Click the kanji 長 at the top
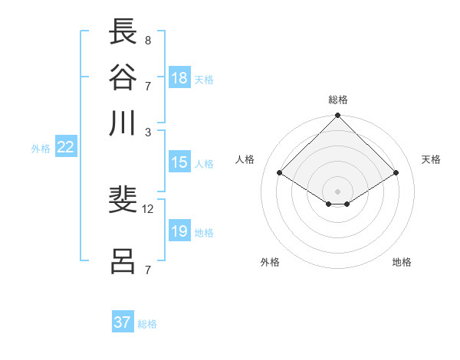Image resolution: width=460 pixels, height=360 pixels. (123, 33)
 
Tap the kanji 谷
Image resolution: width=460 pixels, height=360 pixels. (123, 77)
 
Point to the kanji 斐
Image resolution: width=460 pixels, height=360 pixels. (123, 201)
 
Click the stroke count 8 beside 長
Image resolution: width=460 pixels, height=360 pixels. (148, 40)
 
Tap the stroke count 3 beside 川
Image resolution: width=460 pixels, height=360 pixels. (148, 132)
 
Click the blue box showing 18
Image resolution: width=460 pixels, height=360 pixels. (179, 78)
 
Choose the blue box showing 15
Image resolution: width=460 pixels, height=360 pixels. (179, 162)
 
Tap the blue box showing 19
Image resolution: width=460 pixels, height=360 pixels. (179, 231)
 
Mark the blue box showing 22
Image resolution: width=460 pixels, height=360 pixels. (65, 148)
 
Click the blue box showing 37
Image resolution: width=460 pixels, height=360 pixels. (123, 322)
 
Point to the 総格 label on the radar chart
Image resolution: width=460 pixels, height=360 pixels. (338, 100)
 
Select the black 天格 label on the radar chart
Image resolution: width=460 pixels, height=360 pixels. (432, 159)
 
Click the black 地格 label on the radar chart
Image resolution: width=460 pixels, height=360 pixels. (402, 262)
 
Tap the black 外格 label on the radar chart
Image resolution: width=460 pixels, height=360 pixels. (270, 262)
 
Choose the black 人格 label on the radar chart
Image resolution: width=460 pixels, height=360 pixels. (245, 159)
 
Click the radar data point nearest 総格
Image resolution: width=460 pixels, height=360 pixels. (338, 117)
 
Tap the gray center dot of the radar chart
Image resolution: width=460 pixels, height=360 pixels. (338, 191)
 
